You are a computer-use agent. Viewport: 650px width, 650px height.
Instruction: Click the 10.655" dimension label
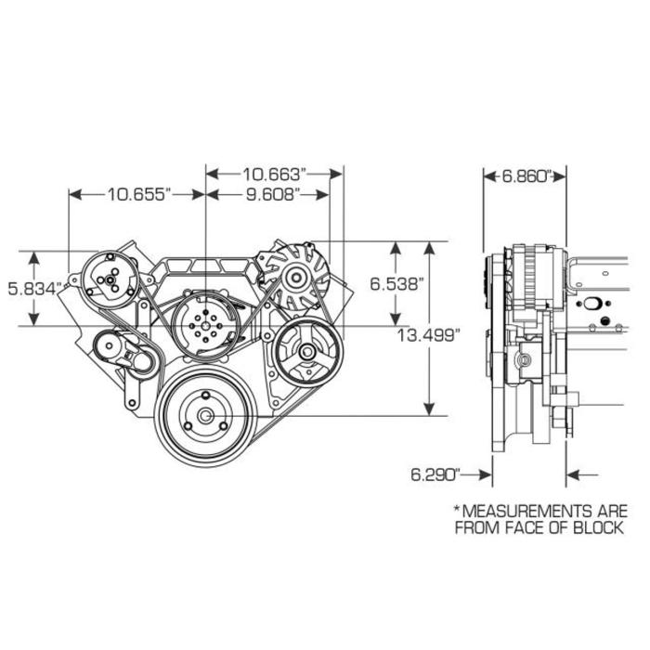tap(136, 194)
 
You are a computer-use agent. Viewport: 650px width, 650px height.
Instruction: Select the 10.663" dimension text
tap(274, 173)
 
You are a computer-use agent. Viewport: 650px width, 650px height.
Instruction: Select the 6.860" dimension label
tap(526, 174)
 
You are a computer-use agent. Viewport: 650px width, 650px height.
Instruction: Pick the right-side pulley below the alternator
tap(304, 352)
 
